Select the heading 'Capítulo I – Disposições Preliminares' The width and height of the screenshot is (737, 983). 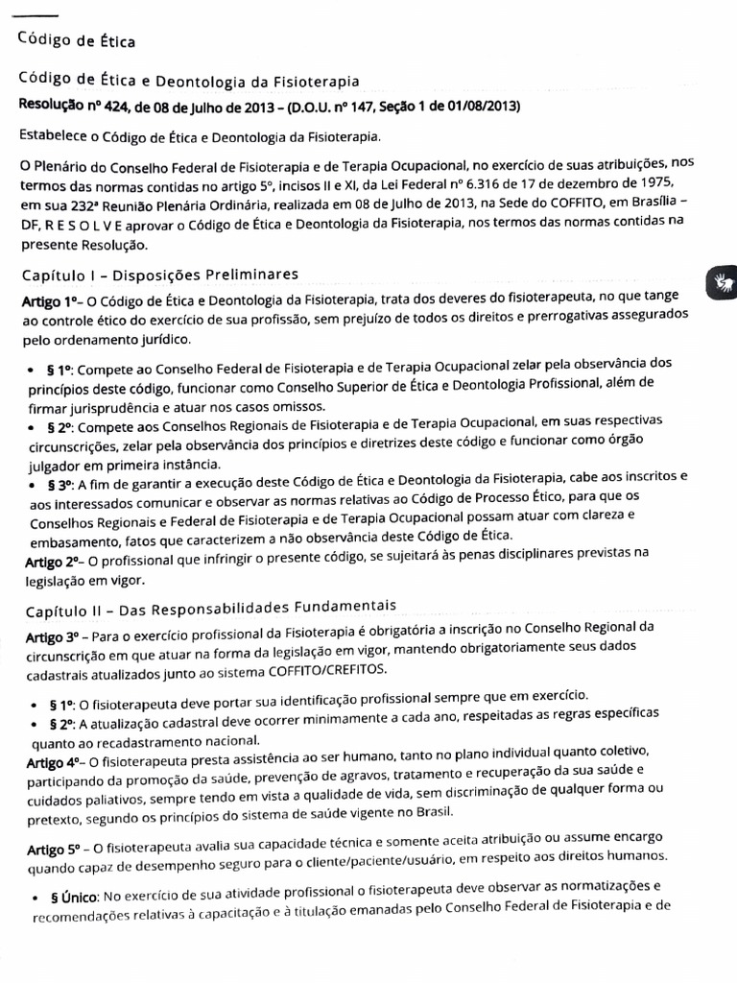click(x=160, y=276)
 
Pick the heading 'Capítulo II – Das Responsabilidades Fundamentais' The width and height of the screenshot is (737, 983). click(x=210, y=607)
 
